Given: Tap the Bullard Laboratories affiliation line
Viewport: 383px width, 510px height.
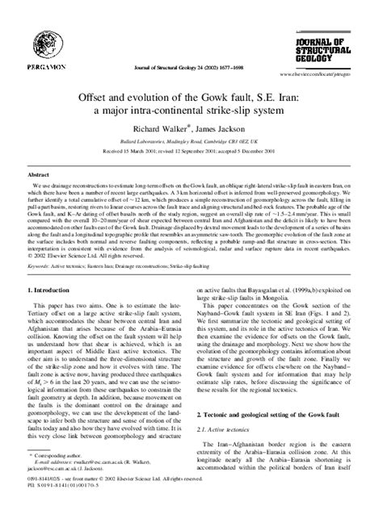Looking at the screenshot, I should (x=191, y=140).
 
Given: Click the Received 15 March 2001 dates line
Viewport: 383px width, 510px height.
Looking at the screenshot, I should (x=191, y=150).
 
